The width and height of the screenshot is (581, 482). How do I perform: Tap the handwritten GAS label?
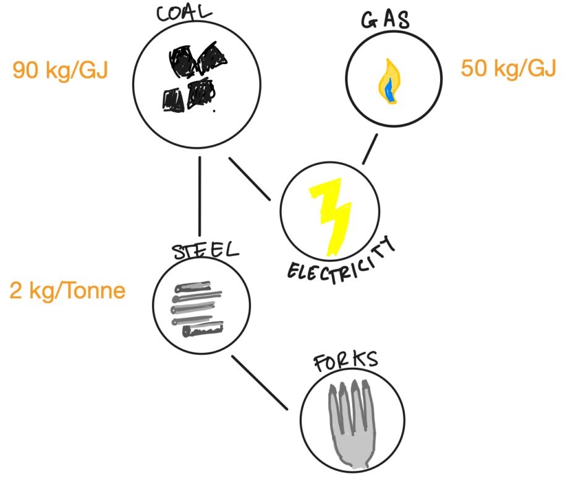[385, 20]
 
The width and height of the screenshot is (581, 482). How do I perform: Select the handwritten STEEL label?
[205, 251]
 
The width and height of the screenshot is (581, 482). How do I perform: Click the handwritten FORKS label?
[346, 360]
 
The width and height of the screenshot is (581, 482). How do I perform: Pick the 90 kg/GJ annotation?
[60, 70]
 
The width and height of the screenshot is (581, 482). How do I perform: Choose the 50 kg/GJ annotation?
[508, 69]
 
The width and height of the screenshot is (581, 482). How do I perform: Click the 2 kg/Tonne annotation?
[67, 291]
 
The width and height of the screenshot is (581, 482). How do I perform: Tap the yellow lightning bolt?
[331, 217]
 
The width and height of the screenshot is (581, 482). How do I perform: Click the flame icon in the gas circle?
[389, 81]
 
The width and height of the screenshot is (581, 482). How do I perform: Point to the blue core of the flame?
[389, 91]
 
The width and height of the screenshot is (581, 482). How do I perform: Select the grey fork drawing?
[352, 423]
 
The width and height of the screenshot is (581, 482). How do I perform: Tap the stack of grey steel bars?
[197, 309]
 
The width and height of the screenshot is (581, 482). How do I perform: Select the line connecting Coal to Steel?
[200, 196]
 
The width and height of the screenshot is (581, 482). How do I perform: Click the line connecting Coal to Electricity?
[250, 179]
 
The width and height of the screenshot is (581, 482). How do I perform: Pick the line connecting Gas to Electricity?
[370, 149]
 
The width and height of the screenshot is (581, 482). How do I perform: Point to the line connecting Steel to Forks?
[260, 383]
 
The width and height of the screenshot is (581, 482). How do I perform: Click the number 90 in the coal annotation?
[25, 70]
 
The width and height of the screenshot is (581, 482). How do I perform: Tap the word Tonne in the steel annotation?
[96, 291]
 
